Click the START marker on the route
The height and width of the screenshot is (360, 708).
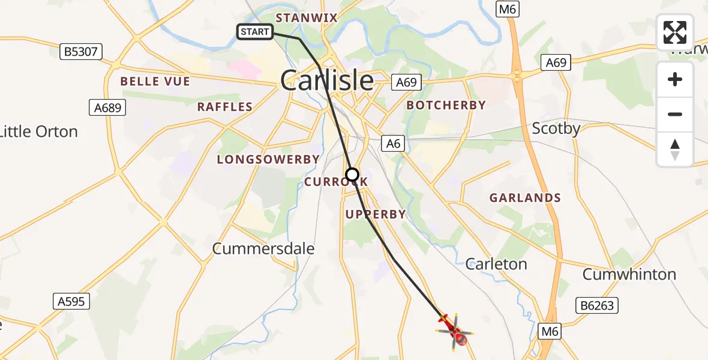pyautogui.click(x=255, y=32)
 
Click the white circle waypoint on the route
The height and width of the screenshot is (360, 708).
pyautogui.click(x=352, y=175)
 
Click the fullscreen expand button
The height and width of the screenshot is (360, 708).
pyautogui.click(x=675, y=32)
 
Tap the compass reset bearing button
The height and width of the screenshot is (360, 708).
pyautogui.click(x=675, y=149)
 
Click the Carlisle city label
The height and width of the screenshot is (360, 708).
pyautogui.click(x=327, y=81)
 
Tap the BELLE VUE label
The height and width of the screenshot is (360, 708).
pyautogui.click(x=155, y=82)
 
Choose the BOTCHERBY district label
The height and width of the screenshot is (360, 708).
pyautogui.click(x=446, y=106)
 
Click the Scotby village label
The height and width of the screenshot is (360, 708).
pyautogui.click(x=556, y=129)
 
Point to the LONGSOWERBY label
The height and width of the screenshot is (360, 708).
pyautogui.click(x=268, y=160)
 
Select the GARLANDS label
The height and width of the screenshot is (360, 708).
pyautogui.click(x=525, y=198)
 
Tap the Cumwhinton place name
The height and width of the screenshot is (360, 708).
pyautogui.click(x=629, y=275)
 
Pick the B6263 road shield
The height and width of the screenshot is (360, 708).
pyautogui.click(x=597, y=306)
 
